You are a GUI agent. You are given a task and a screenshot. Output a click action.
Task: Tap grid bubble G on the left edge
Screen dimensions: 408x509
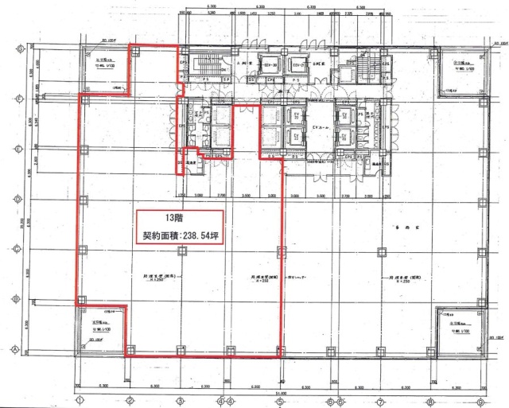tap(17, 48)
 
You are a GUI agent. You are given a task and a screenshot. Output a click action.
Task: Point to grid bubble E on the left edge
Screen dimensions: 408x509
tap(17, 148)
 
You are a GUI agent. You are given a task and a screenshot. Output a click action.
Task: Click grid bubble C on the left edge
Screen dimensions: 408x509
tap(17, 248)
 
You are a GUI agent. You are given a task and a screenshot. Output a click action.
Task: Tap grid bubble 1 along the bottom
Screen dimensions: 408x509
tap(80, 400)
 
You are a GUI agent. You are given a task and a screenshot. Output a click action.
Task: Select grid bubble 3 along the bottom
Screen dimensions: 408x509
tap(181, 400)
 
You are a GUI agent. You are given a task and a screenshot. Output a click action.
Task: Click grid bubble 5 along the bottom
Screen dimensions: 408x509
tap(280, 400)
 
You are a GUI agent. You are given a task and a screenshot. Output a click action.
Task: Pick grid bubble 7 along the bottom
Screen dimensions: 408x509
tap(380, 400)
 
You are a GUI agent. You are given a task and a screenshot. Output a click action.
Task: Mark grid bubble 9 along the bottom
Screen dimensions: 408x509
tap(480, 400)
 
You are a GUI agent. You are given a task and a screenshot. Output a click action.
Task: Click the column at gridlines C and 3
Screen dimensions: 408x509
tap(181, 248)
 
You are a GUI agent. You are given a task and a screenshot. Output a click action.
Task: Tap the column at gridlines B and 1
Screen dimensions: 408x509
tap(80, 298)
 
